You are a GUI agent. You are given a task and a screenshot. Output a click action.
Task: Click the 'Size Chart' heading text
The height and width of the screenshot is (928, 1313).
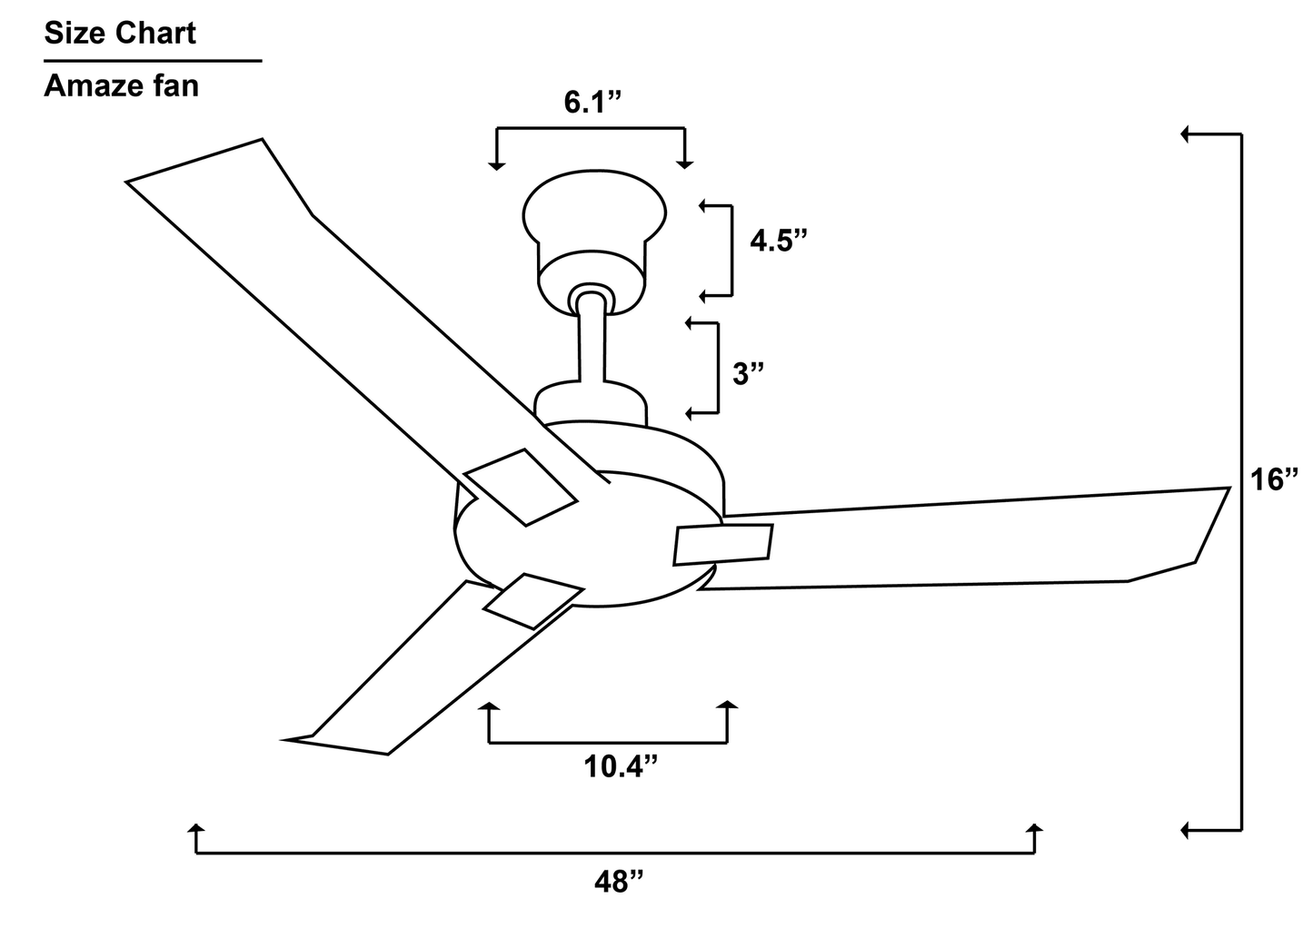[120, 34]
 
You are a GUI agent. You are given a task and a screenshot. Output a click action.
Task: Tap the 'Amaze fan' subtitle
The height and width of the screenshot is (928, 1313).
[121, 86]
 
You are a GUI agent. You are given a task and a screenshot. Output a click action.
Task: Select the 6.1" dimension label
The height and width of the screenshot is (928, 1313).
[592, 103]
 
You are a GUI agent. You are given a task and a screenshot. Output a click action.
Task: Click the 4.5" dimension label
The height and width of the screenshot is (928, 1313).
[778, 242]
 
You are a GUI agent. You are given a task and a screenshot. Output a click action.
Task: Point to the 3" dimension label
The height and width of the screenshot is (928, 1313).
[748, 372]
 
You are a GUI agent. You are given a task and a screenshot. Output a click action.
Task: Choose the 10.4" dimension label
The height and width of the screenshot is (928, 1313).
[620, 767]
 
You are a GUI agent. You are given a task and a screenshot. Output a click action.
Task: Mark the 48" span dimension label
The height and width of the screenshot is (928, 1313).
[619, 881]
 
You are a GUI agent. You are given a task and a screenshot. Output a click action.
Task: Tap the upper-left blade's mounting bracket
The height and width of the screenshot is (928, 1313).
[520, 486]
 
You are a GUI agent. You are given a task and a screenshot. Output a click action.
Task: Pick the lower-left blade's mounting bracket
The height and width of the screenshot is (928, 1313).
[532, 600]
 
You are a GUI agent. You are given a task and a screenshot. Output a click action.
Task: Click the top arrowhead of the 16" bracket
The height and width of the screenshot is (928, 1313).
[1186, 134]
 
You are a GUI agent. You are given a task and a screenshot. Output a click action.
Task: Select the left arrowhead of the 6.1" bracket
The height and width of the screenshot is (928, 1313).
[495, 163]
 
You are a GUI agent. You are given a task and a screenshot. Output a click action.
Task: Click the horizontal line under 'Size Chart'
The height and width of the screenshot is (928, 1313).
[153, 61]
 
